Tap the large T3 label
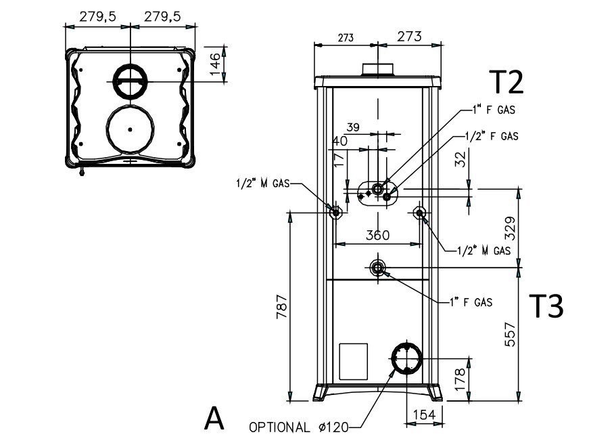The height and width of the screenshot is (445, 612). click(x=545, y=306)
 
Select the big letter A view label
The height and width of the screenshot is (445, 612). click(x=214, y=419)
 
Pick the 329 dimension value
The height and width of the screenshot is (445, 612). click(x=511, y=230)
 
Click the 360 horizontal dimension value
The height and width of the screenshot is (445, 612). click(x=377, y=235)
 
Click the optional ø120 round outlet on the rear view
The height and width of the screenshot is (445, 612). click(x=406, y=357)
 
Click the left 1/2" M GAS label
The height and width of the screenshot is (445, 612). click(x=263, y=183)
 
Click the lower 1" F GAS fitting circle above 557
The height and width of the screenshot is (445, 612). click(x=378, y=268)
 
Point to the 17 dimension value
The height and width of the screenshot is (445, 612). click(x=339, y=161)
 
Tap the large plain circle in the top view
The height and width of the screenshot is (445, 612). click(x=128, y=127)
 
